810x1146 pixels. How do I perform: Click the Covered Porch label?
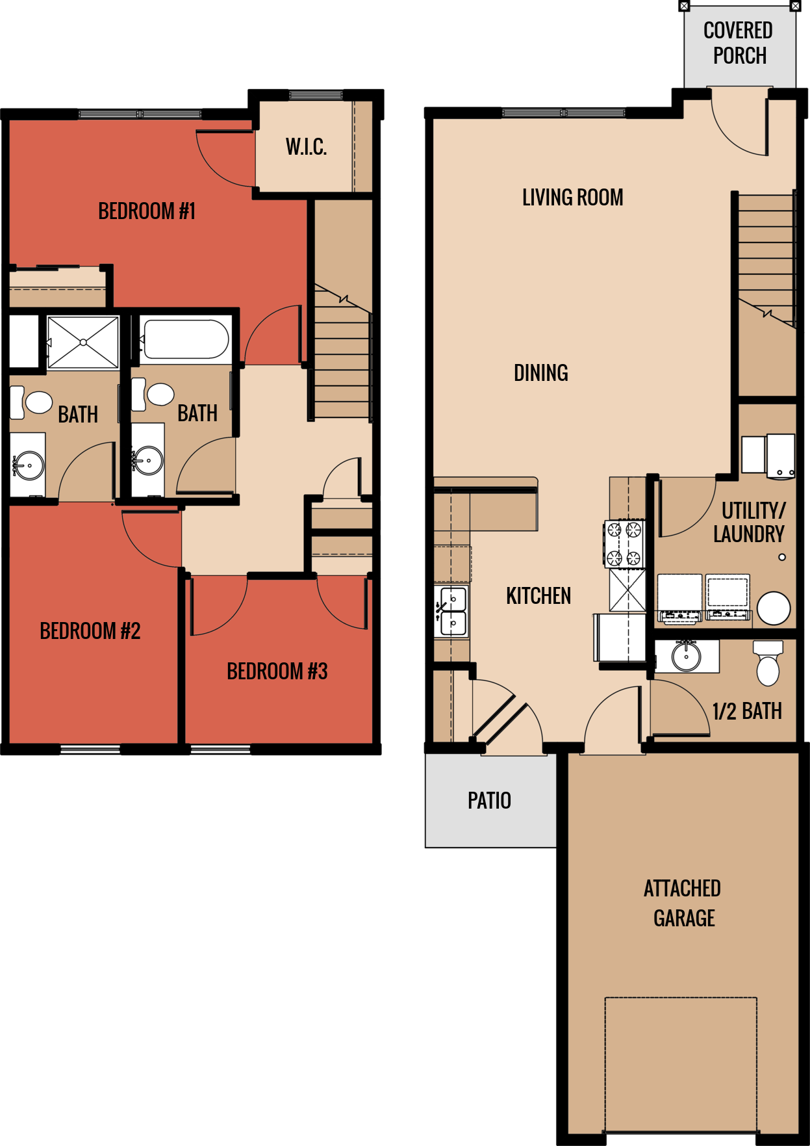(x=739, y=43)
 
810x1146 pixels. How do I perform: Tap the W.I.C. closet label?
(x=306, y=147)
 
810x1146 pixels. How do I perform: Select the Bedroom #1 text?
(x=147, y=211)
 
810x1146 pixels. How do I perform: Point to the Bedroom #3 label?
(x=277, y=671)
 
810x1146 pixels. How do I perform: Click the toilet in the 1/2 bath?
(x=768, y=664)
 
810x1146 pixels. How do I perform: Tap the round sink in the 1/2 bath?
(x=686, y=656)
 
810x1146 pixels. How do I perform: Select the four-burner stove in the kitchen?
(x=624, y=543)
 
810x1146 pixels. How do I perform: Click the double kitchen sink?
(x=453, y=611)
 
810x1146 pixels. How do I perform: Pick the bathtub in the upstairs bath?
(x=185, y=339)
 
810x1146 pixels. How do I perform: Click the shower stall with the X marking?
(x=83, y=342)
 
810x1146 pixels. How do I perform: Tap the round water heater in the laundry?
(x=774, y=608)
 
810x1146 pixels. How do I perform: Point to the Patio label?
(x=489, y=800)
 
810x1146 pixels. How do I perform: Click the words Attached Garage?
(x=683, y=903)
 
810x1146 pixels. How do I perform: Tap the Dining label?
(x=540, y=373)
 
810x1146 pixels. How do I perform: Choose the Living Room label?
(x=572, y=198)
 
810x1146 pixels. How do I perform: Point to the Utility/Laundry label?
(x=750, y=522)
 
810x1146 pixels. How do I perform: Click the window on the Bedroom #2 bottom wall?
(x=90, y=749)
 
